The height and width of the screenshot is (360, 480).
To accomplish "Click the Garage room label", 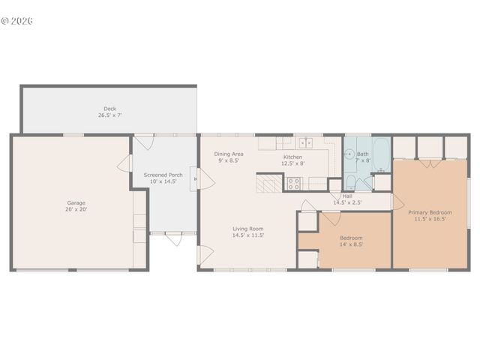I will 76,203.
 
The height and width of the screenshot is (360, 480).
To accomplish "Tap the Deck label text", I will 109,109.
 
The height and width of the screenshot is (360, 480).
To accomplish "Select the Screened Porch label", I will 163,175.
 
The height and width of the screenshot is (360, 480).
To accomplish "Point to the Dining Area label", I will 229,154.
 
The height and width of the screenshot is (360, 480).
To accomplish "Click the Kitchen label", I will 292,157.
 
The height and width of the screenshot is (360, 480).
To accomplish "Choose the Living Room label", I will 247,229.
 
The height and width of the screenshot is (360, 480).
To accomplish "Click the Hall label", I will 347,196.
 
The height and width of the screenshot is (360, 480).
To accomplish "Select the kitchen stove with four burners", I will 294,181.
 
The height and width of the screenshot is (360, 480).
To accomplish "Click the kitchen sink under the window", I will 305,143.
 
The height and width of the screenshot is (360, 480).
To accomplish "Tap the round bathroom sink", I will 349,155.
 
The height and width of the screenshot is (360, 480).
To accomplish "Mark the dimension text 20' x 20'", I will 76,209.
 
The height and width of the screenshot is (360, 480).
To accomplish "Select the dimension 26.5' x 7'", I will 109,115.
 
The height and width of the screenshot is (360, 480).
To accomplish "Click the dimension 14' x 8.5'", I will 351,244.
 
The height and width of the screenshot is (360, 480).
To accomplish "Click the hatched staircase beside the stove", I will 267,183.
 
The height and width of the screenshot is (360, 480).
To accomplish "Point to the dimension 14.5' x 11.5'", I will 247,235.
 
